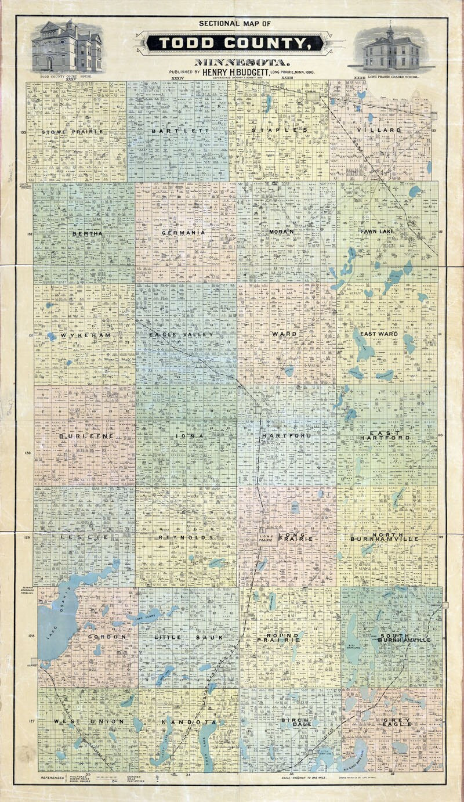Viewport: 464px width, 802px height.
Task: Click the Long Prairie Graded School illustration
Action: tap(391, 49)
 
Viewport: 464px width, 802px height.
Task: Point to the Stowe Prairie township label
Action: tap(72, 132)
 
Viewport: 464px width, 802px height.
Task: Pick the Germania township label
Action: tap(184, 233)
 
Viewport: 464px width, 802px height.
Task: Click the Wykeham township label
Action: tap(84, 335)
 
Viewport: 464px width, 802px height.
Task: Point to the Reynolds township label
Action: tap(186, 537)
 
